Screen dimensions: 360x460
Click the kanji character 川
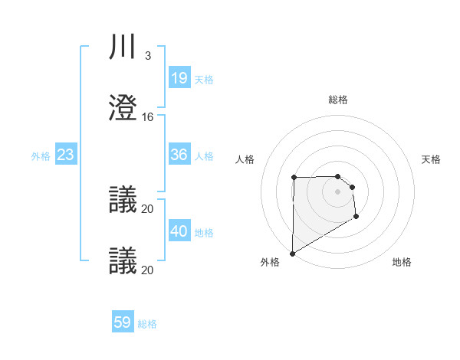[123, 47]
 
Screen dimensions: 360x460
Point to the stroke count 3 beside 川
[147, 56]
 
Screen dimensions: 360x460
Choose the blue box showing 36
[179, 155]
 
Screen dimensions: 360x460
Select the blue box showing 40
[179, 231]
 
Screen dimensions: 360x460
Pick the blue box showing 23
[65, 155]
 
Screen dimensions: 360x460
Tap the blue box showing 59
[123, 322]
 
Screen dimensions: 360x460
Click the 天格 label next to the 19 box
[204, 79]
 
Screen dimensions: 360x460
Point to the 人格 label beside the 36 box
[204, 156]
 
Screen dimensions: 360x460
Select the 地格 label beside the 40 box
[204, 233]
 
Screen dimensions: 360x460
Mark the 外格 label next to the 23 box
[41, 156]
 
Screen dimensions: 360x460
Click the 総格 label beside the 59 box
[148, 324]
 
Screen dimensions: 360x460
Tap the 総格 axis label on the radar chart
[338, 100]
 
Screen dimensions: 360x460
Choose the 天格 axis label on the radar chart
[431, 159]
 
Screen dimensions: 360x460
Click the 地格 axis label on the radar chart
[402, 262]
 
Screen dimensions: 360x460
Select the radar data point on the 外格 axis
[292, 253]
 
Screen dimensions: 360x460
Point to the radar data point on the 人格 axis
[294, 178]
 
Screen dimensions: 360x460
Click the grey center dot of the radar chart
[338, 191]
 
